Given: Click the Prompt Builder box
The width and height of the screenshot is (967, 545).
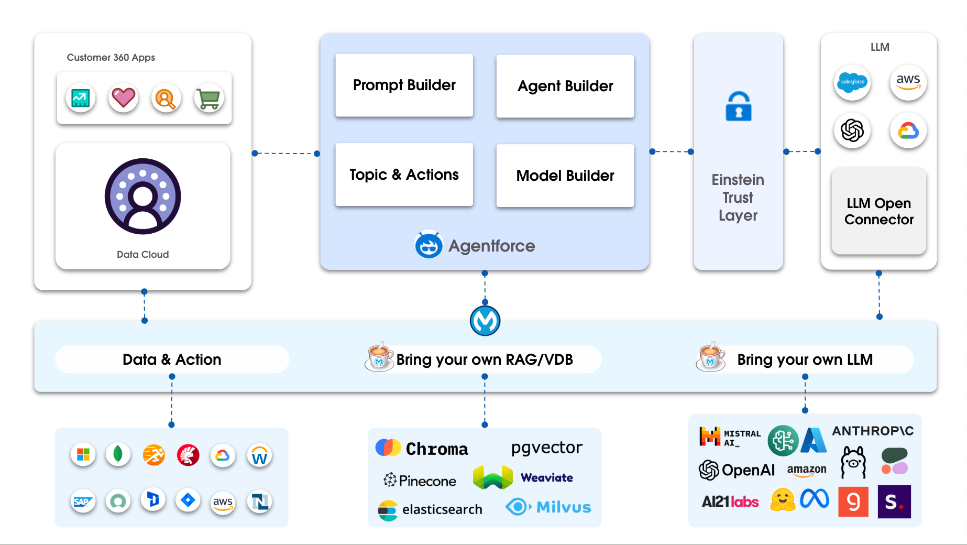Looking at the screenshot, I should [404, 85].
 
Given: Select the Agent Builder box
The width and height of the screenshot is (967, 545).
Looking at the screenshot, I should [565, 86].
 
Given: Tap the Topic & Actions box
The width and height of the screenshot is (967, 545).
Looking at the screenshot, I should [404, 175].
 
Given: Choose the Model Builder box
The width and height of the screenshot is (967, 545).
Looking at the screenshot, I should [565, 176].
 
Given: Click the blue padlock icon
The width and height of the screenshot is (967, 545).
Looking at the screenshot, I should [738, 107].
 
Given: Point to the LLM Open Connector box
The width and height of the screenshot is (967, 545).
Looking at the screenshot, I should [878, 211].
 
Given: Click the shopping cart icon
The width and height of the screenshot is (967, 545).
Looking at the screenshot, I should [208, 98].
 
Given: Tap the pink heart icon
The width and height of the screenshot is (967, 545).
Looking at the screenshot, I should [123, 97].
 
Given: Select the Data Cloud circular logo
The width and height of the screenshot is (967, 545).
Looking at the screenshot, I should [142, 196].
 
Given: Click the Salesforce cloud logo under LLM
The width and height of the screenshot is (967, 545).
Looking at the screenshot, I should [852, 82].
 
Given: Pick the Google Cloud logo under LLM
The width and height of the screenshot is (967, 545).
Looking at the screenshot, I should [908, 130].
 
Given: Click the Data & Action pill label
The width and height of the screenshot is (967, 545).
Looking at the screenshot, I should [172, 359].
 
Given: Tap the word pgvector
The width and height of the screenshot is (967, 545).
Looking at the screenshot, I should [546, 448].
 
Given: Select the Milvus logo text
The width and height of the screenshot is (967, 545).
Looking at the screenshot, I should [563, 507].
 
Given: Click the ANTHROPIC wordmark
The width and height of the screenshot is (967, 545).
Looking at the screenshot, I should [873, 431].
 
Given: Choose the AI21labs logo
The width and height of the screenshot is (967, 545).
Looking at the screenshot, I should [730, 502].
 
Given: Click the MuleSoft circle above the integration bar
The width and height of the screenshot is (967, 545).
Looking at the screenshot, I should [485, 321].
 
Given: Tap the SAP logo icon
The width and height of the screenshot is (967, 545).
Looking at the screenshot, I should [83, 502].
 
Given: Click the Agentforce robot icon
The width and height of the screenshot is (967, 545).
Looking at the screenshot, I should [428, 245].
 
